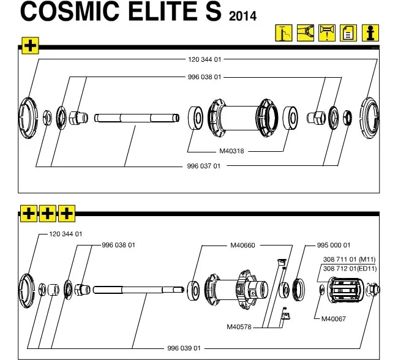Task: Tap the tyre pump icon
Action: (284, 33)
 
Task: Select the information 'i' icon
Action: (369, 33)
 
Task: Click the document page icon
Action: (347, 33)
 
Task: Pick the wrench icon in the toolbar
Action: (306, 33)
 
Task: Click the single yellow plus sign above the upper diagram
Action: (30, 45)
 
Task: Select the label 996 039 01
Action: (184, 348)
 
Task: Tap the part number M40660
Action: (242, 245)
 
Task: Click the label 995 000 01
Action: (334, 245)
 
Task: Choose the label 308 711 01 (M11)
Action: (352, 260)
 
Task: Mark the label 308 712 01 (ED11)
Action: (353, 268)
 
